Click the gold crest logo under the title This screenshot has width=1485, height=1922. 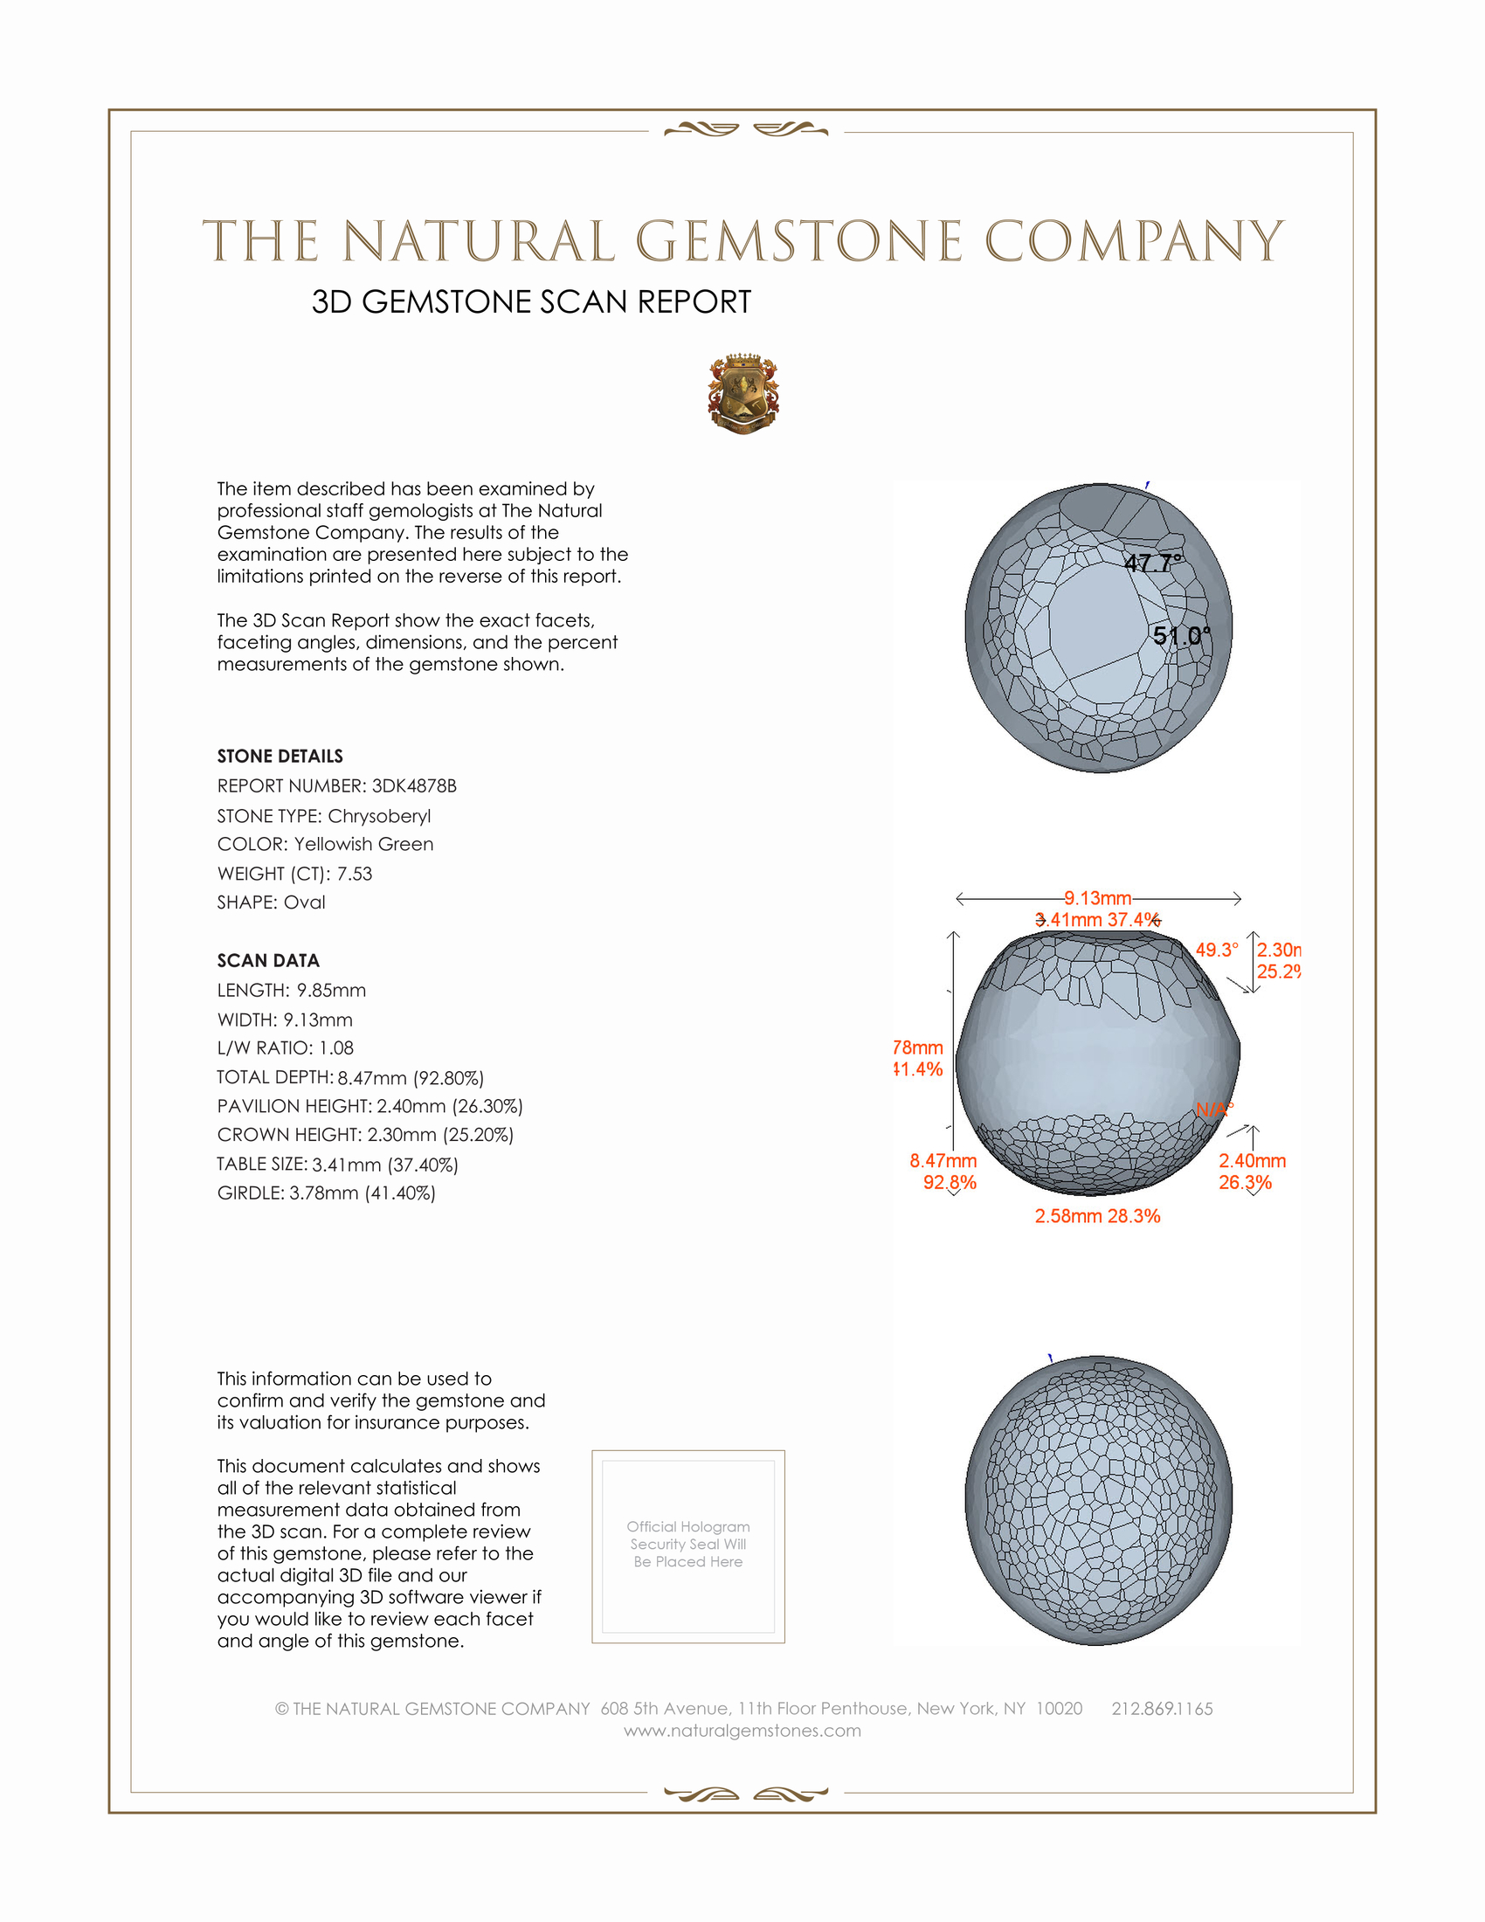(x=743, y=393)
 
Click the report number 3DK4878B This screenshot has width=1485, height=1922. (x=413, y=786)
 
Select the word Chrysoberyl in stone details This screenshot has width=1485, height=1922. (x=379, y=816)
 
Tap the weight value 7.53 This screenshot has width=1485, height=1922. (x=355, y=874)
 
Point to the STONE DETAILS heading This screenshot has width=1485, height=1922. (x=280, y=756)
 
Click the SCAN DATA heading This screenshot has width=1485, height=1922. (x=268, y=960)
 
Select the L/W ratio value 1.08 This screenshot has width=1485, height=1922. (x=336, y=1048)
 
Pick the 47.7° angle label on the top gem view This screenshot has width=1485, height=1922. (x=1152, y=563)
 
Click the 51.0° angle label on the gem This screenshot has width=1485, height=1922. (x=1182, y=634)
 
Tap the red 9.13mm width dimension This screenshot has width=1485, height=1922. (x=1097, y=897)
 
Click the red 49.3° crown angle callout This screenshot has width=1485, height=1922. (x=1216, y=950)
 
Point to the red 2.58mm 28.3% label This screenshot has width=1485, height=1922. (x=1097, y=1215)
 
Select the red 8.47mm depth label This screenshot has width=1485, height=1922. (x=943, y=1161)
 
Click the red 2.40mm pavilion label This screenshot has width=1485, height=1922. (x=1252, y=1161)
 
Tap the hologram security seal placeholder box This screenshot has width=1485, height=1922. (x=688, y=1546)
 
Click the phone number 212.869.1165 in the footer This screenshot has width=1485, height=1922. (x=1161, y=1708)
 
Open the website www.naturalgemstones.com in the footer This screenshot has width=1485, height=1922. (x=742, y=1730)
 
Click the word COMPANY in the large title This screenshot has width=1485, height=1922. (x=1133, y=241)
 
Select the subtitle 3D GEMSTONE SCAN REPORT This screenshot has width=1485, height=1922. (x=531, y=302)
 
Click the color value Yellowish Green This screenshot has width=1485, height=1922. (x=363, y=844)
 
